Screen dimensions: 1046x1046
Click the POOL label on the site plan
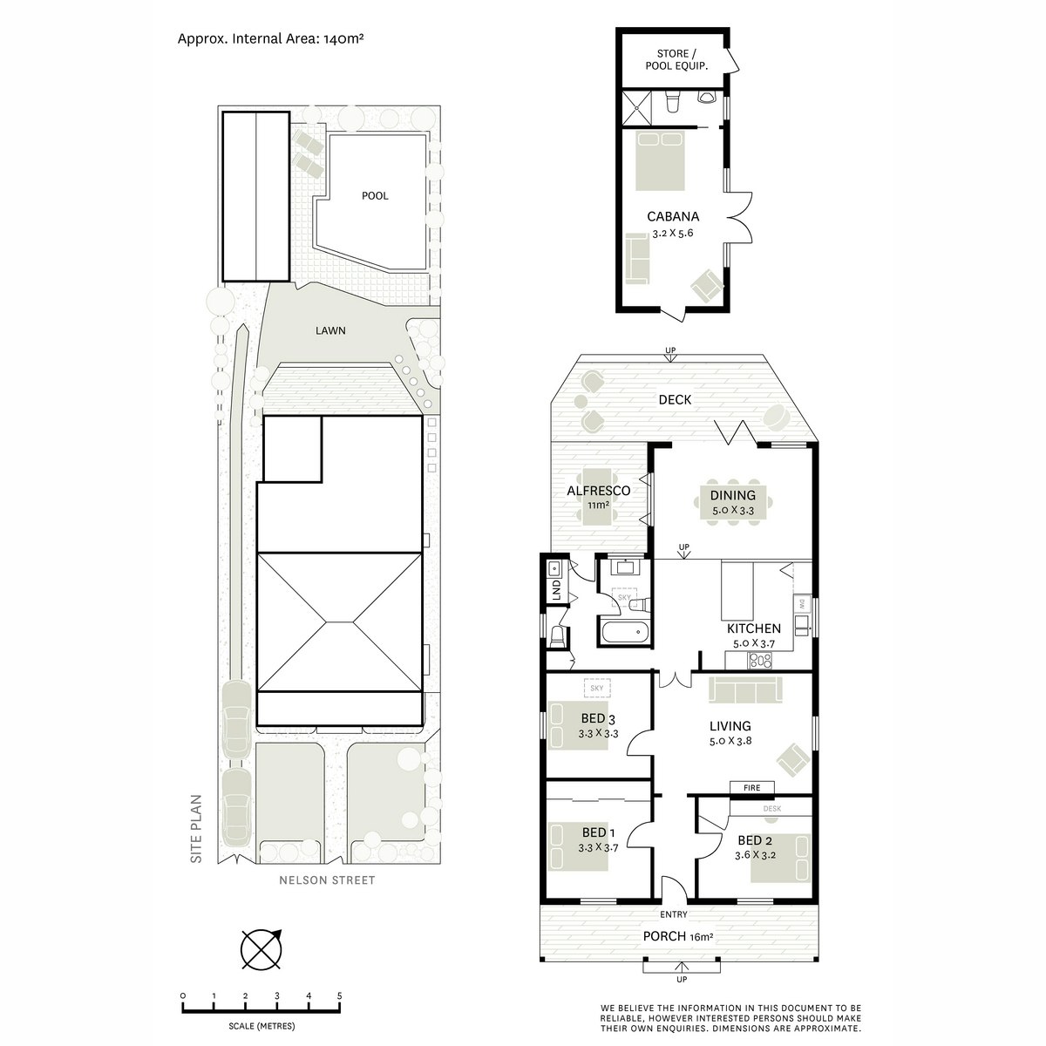click(x=375, y=196)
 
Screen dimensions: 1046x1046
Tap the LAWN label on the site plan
click(x=330, y=330)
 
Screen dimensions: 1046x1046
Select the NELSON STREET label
click(x=327, y=880)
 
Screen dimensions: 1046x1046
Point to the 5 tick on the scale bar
click(x=340, y=1007)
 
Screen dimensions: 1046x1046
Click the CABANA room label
click(x=673, y=216)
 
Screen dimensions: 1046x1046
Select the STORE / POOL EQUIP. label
click(x=676, y=60)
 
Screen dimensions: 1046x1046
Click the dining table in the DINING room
click(x=733, y=503)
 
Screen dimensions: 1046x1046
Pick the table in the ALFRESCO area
click(x=597, y=497)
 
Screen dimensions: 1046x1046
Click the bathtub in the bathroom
click(x=624, y=632)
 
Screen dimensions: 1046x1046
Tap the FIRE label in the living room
click(x=751, y=788)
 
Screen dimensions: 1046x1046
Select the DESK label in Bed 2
click(x=772, y=808)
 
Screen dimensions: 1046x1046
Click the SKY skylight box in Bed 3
click(x=597, y=689)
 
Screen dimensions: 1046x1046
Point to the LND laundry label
click(x=556, y=591)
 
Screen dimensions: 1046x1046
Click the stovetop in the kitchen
click(x=760, y=660)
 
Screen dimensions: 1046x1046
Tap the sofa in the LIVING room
click(x=745, y=690)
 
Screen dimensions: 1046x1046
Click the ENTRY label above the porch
click(x=674, y=914)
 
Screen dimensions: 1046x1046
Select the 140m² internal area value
click(x=343, y=38)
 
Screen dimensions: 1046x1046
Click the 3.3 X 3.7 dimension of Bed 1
click(x=598, y=847)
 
